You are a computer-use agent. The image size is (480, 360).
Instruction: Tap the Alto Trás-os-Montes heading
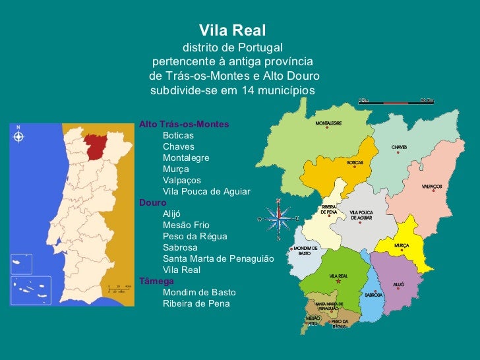point(184,124)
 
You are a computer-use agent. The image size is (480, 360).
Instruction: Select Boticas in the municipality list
point(178,135)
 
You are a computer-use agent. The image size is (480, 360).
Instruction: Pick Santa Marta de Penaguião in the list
point(218,258)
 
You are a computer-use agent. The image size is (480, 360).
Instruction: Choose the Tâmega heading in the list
point(152,281)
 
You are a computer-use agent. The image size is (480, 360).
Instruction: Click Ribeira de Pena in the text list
point(196,303)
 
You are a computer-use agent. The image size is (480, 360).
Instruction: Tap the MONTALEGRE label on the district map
point(328,123)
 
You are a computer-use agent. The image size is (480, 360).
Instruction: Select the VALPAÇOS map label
point(432,187)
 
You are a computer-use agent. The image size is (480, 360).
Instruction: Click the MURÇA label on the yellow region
point(402,245)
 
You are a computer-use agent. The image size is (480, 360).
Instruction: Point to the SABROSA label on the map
point(373,295)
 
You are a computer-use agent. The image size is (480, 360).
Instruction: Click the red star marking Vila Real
point(338,282)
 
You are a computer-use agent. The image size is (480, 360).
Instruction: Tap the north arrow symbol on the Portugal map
point(18,136)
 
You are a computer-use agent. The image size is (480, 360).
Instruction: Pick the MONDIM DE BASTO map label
point(305,251)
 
